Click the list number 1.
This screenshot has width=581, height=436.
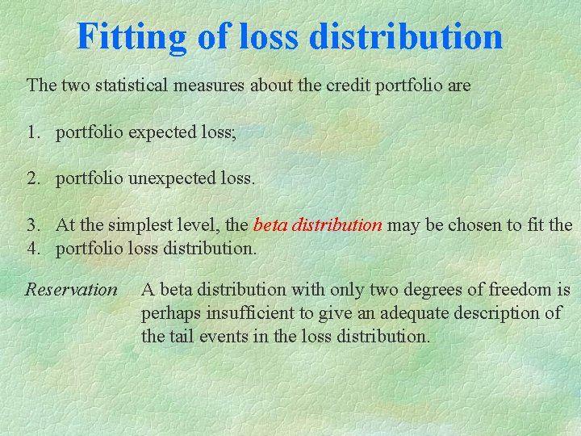click(33, 132)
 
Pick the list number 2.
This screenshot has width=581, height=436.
click(33, 178)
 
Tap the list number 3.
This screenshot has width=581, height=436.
click(33, 224)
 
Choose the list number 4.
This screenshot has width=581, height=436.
click(33, 247)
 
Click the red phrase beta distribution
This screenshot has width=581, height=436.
click(317, 224)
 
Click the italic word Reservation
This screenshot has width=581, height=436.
click(71, 289)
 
